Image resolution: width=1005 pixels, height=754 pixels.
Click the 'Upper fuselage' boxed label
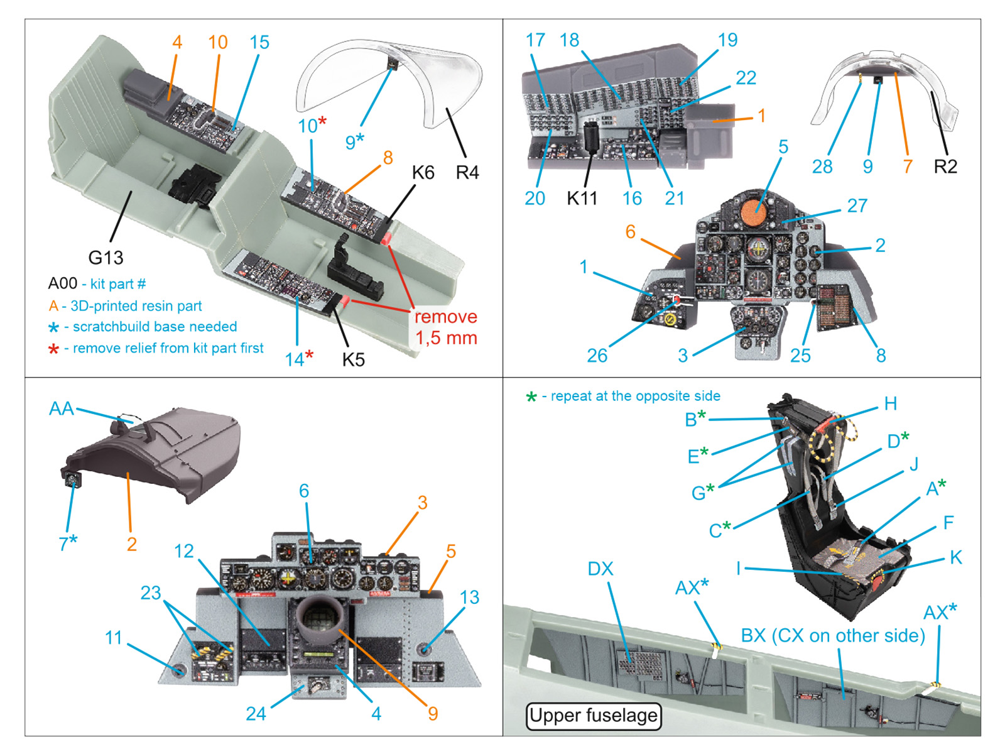tap(593, 716)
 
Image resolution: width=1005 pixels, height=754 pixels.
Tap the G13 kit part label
tap(106, 258)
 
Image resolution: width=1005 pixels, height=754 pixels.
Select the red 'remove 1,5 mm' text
tap(446, 327)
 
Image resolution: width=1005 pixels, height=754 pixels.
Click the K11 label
tap(582, 199)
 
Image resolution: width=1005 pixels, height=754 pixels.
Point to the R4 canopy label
tap(467, 173)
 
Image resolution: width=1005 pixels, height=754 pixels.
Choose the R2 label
tap(945, 167)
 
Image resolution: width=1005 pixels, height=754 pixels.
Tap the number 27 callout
tap(857, 206)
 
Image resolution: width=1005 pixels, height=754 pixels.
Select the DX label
tap(600, 569)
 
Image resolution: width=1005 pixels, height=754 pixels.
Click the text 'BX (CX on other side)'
tap(833, 636)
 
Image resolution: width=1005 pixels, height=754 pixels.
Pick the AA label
tap(62, 409)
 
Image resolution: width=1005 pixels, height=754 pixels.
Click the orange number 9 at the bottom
tap(433, 714)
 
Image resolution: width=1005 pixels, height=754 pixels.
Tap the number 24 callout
tap(256, 714)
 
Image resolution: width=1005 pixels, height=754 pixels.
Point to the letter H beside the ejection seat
tap(890, 404)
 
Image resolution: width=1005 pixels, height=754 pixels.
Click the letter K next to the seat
tap(955, 557)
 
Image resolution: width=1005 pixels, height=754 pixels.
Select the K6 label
tap(423, 173)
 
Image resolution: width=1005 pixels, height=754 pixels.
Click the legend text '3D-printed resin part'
tap(136, 306)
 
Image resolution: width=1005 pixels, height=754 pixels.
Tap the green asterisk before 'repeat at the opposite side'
tap(531, 397)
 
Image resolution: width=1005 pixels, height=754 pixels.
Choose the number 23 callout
tap(151, 593)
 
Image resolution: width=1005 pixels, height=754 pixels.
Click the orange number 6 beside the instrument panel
tap(630, 232)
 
